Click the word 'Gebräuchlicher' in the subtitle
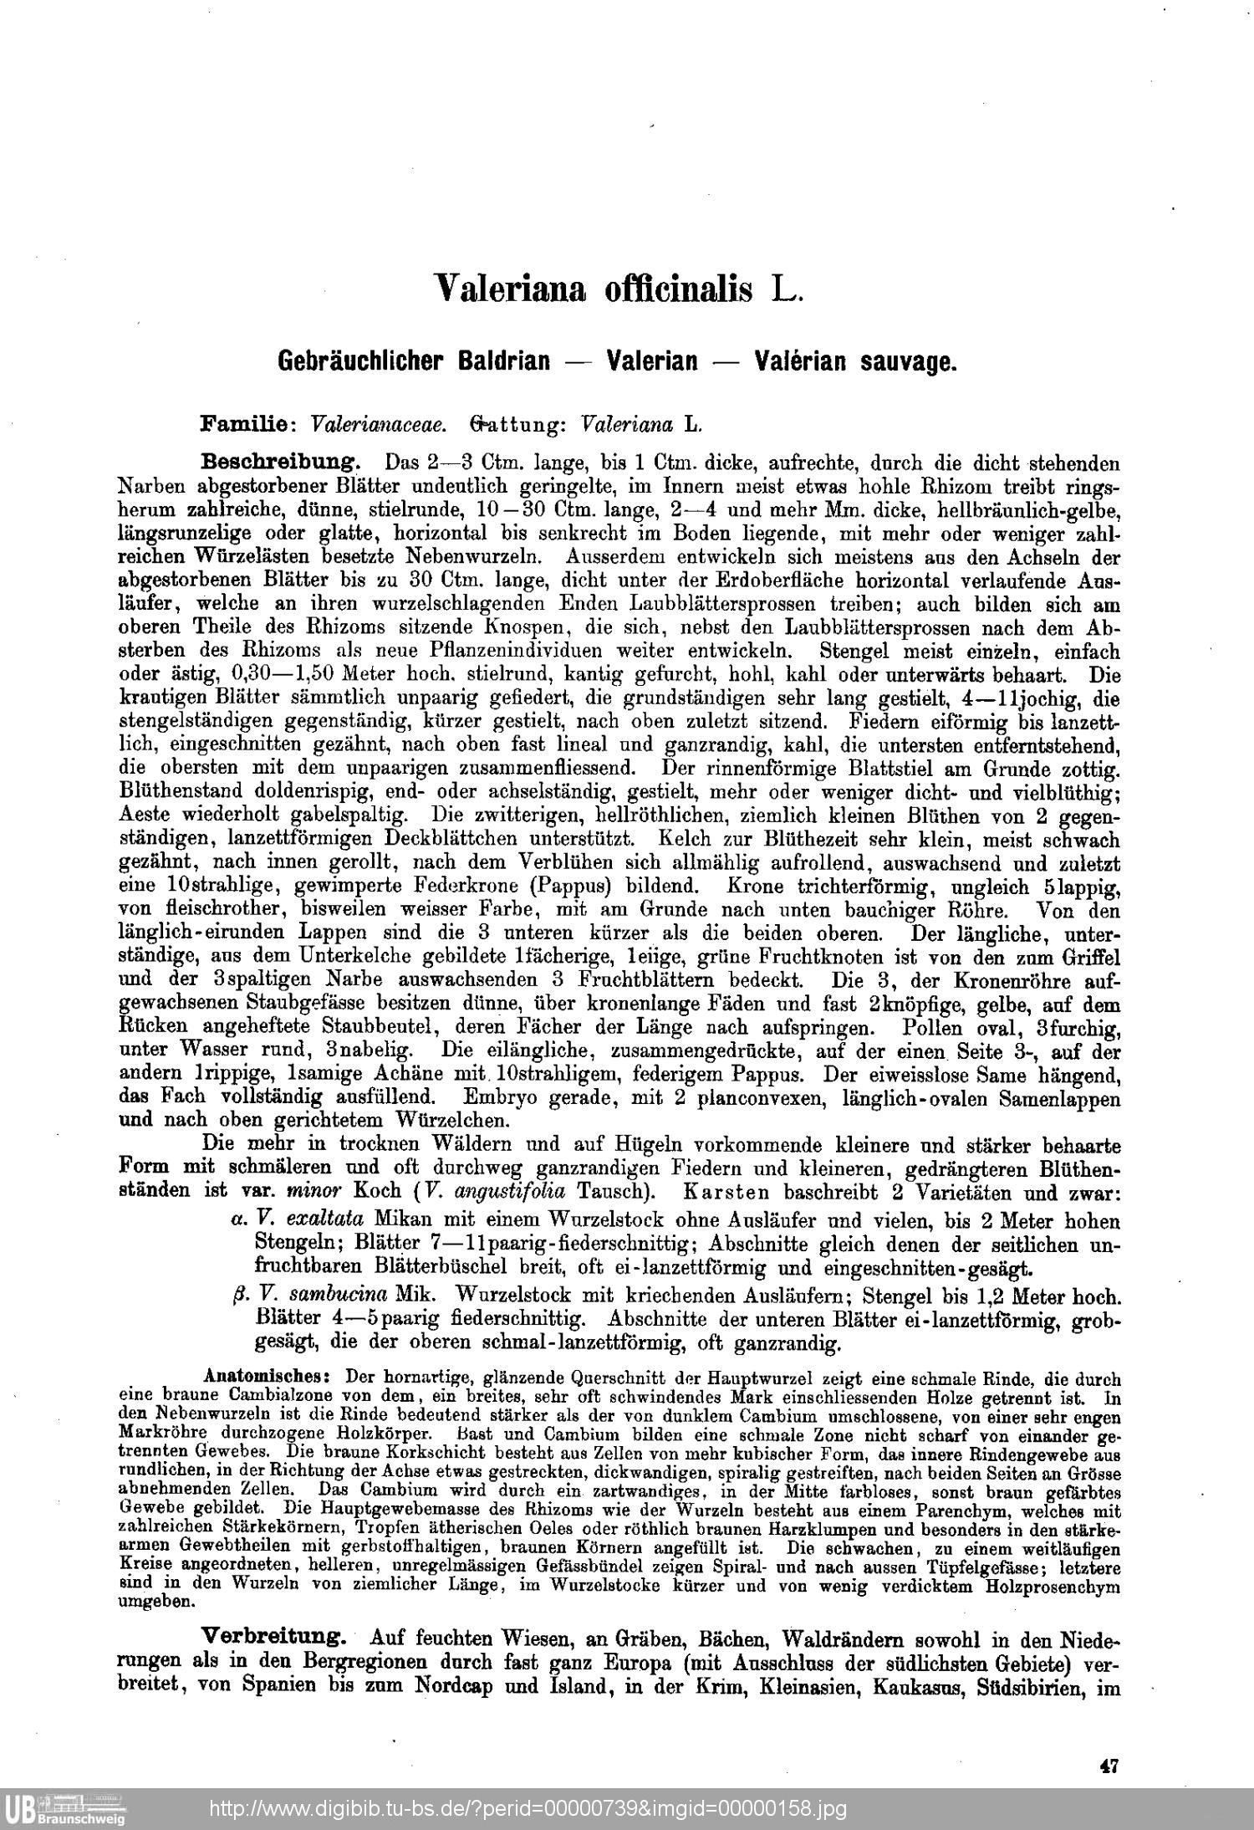[x=414, y=361]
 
